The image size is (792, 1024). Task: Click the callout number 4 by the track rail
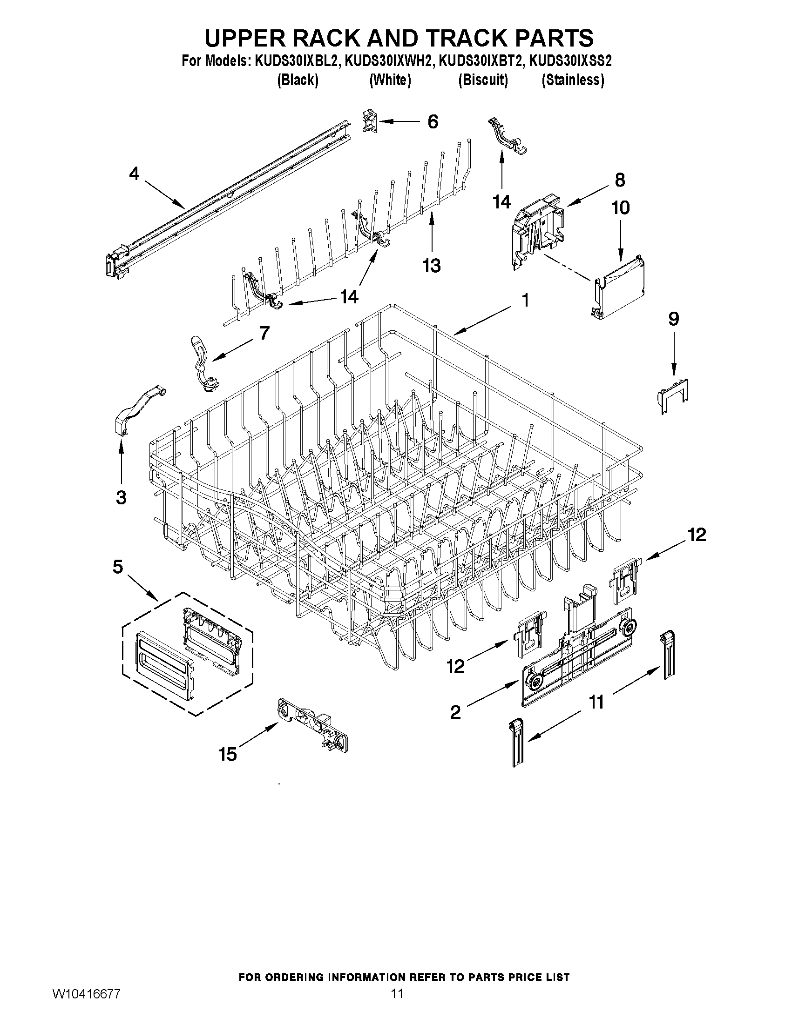pyautogui.click(x=134, y=174)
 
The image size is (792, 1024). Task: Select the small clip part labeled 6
pyautogui.click(x=370, y=121)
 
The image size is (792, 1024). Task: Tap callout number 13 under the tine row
pyautogui.click(x=432, y=265)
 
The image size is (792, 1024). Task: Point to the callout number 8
pyautogui.click(x=620, y=180)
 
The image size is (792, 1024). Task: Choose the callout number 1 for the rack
pyautogui.click(x=526, y=300)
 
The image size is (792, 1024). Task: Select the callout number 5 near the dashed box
pyautogui.click(x=118, y=567)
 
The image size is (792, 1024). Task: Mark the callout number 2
pyautogui.click(x=455, y=712)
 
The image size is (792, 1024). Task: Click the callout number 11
pyautogui.click(x=596, y=702)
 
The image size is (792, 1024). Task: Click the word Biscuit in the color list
pyautogui.click(x=483, y=80)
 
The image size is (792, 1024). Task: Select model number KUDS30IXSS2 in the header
pyautogui.click(x=570, y=61)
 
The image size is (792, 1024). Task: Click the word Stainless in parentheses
pyautogui.click(x=573, y=80)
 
